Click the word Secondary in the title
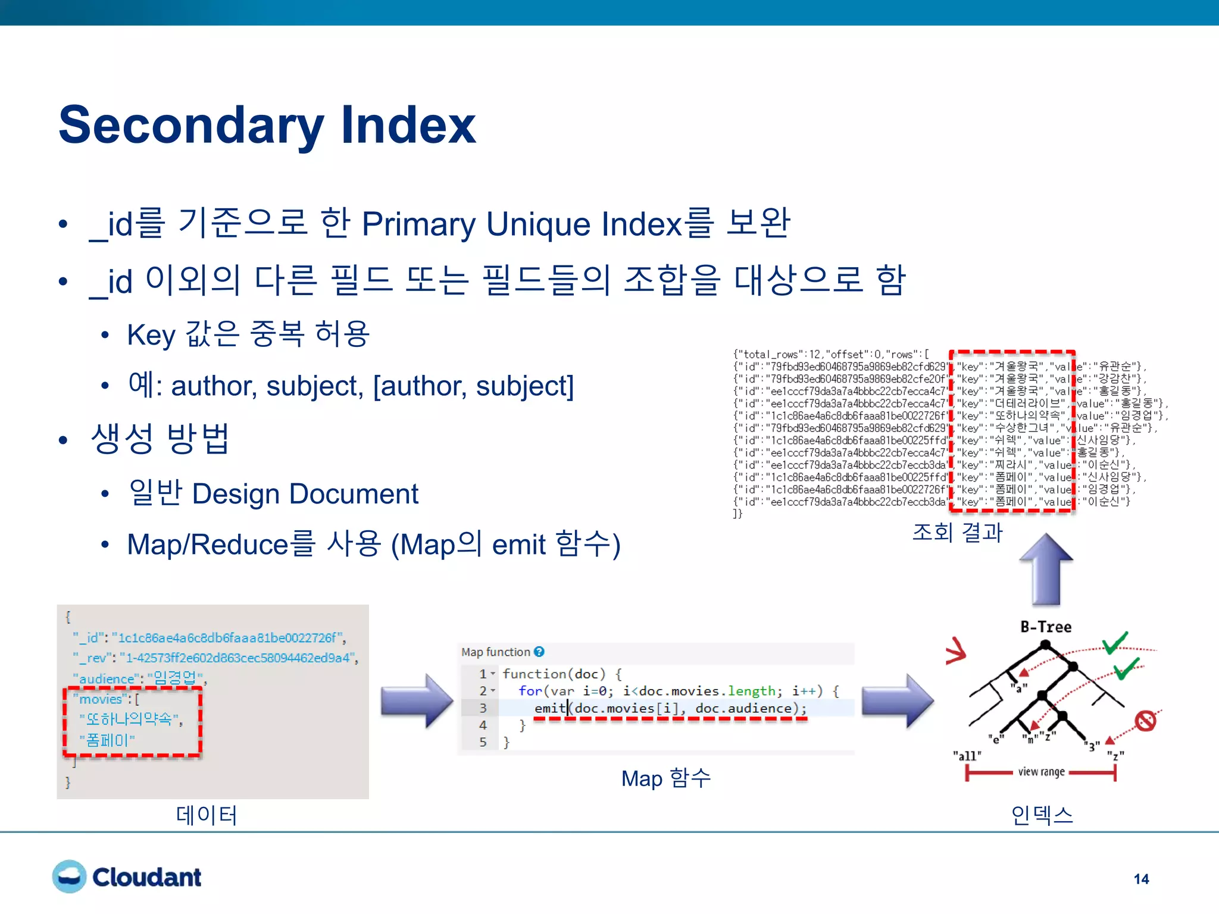(190, 126)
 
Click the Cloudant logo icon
(69, 876)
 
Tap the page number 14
(1141, 879)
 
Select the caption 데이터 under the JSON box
(207, 815)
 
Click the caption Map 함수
(665, 778)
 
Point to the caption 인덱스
(1042, 815)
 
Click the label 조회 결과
(957, 531)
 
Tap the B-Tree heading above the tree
(1046, 627)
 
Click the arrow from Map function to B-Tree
(897, 701)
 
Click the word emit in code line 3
(549, 708)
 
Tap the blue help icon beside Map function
(539, 652)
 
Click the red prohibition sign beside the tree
(1145, 721)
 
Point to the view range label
(1041, 772)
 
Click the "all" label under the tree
(967, 756)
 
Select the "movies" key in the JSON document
(101, 699)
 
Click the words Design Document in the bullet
(305, 494)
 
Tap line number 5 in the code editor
(483, 742)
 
